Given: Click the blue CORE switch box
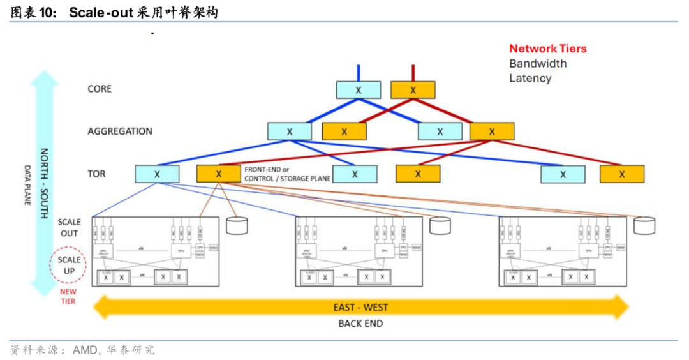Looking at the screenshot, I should [359, 90].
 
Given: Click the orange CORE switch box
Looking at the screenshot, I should [413, 90].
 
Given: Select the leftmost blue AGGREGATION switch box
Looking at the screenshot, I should [290, 131].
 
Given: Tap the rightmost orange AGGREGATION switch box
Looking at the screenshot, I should [492, 131].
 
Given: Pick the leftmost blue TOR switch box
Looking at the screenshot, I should [157, 174].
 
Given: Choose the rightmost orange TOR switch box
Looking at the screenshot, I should [622, 174].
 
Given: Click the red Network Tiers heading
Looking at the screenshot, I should [547, 49].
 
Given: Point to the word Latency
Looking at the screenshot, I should [530, 78].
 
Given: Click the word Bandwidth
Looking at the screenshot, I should [538, 63].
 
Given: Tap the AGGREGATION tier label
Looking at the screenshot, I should [120, 131].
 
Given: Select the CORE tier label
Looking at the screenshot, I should [100, 89].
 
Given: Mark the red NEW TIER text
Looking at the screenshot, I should [68, 296].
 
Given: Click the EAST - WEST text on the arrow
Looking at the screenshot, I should [360, 308].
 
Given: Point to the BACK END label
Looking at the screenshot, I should [360, 324].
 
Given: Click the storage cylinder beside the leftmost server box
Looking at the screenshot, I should [237, 225].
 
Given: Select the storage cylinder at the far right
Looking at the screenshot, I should [644, 225].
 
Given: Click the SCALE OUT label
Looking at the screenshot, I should [70, 228].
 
